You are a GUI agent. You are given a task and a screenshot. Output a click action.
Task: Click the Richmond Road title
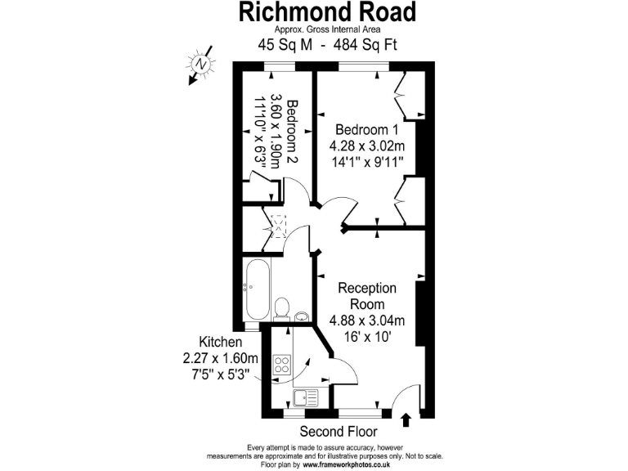[327, 11]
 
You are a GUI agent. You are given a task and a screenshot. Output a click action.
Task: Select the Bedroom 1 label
[368, 130]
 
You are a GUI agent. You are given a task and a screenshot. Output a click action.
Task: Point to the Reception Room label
[367, 296]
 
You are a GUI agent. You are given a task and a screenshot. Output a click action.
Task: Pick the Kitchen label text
[221, 342]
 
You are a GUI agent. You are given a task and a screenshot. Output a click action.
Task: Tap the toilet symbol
[281, 308]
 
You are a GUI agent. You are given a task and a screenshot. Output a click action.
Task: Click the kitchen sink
[306, 398]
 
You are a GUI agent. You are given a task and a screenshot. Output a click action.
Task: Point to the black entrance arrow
[406, 419]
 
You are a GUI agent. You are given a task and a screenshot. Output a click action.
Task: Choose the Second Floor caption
[338, 431]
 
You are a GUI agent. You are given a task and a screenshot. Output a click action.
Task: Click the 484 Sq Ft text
[361, 45]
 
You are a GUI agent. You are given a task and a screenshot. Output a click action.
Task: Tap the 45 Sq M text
[286, 45]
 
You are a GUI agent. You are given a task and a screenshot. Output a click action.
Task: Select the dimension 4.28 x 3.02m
[368, 146]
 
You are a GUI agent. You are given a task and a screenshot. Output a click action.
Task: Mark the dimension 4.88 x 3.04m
[367, 320]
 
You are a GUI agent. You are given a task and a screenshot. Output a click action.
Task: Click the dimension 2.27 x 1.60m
[221, 358]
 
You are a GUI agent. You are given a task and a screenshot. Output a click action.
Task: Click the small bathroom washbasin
[301, 316]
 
